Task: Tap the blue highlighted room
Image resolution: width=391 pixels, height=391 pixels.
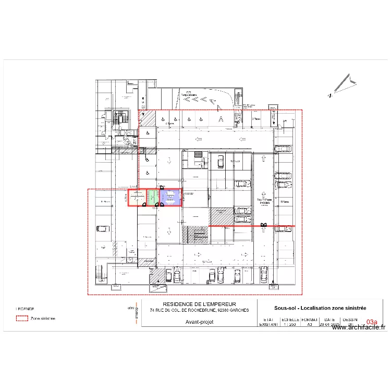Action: tap(170, 197)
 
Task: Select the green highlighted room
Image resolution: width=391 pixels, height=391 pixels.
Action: tap(152, 197)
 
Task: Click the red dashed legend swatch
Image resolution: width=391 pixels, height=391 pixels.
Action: tap(22, 317)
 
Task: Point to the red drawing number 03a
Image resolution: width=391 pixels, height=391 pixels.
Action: tap(372, 323)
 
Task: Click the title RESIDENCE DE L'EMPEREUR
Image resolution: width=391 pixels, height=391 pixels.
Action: tap(199, 304)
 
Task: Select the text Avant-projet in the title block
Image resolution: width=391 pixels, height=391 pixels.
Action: tap(199, 322)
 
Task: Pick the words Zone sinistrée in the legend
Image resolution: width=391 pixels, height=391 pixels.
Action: tap(43, 317)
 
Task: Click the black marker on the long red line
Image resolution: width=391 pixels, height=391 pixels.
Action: tap(264, 225)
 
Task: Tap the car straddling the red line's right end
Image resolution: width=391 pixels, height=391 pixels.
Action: tap(285, 227)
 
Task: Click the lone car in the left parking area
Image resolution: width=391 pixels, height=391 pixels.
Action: tap(103, 228)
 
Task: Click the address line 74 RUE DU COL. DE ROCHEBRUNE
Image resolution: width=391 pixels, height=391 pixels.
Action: tap(199, 310)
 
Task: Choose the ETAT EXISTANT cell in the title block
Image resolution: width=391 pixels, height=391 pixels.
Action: tap(269, 322)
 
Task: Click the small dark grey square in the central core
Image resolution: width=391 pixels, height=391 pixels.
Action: tap(198, 154)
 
